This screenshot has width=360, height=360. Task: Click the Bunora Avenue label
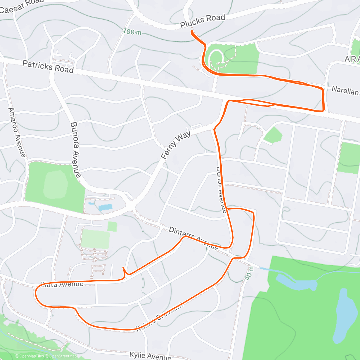pyautogui.click(x=76, y=149)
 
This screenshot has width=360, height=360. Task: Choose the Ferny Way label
pyautogui.click(x=175, y=145)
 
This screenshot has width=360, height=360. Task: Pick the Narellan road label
pyautogui.click(x=345, y=90)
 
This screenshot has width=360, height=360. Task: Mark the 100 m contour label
pyautogui.click(x=132, y=31)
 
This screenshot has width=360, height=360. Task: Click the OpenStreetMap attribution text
pyautogui.click(x=63, y=356)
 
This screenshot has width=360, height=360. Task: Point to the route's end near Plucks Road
pyautogui.click(x=192, y=31)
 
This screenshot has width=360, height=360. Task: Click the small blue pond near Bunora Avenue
pyautogui.click(x=105, y=207)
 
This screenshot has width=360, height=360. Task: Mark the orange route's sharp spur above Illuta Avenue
pyautogui.click(x=124, y=268)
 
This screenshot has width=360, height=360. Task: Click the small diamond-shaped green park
pyautogui.click(x=273, y=135)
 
